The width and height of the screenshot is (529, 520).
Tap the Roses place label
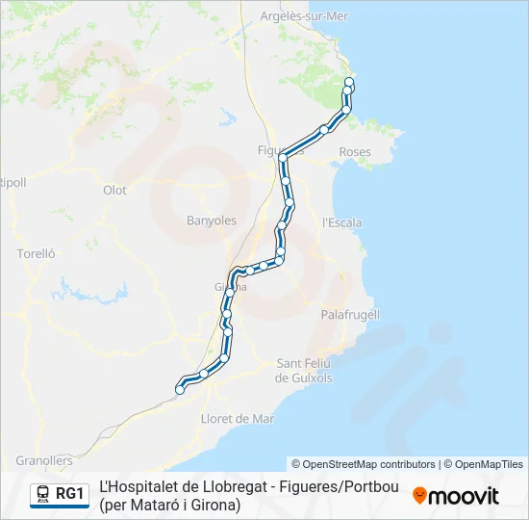click(355, 152)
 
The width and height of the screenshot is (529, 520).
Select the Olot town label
click(114, 190)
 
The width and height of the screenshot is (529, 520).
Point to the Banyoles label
click(211, 221)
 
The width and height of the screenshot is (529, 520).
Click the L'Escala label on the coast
click(342, 222)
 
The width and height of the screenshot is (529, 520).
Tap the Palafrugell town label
click(349, 314)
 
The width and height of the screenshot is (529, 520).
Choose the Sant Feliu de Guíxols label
click(304, 370)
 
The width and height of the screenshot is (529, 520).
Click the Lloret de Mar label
click(237, 418)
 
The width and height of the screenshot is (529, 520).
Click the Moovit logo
click(456, 496)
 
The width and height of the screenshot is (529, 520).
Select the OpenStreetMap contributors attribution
click(364, 464)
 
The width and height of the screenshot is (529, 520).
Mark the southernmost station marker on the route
click(180, 390)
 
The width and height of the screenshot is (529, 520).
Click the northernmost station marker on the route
click(349, 82)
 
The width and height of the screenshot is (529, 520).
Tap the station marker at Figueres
click(283, 156)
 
